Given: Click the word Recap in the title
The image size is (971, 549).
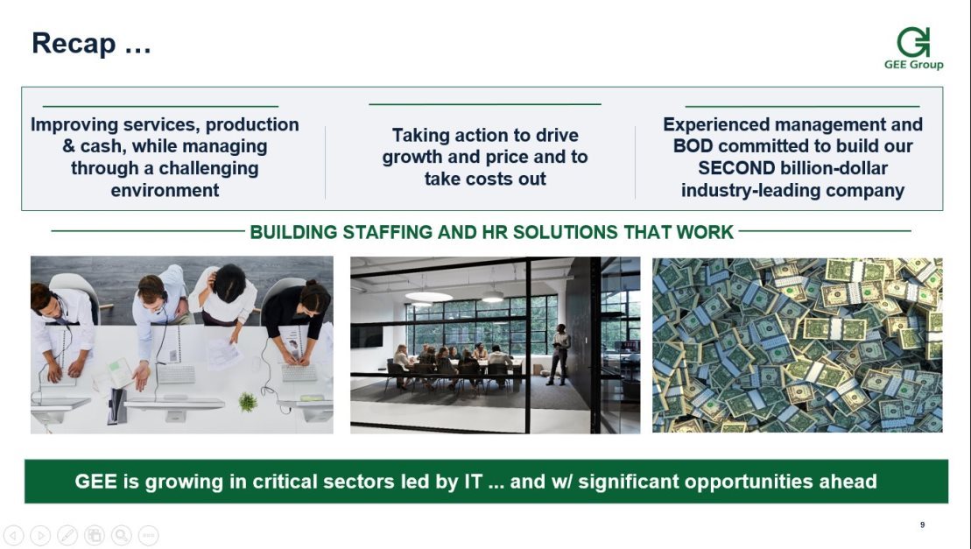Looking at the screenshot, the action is point(74,44).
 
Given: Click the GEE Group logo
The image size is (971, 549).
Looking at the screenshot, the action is point(913,48).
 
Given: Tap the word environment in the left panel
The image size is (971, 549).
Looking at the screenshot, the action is point(165,190).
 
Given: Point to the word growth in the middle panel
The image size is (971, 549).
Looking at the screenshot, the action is point(412,158).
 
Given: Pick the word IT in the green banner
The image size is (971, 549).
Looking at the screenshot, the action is point(473,482).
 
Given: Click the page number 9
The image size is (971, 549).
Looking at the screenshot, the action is point(922,524).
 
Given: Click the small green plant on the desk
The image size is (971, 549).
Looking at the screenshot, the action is point(248,402).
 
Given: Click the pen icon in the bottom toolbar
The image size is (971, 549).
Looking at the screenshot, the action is point(67,535).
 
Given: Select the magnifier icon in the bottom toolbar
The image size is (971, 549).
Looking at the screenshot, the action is point(122,535).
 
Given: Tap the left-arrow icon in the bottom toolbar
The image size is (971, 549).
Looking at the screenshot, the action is point(14,535).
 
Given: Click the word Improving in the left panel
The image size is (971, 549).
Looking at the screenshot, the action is point(74,125).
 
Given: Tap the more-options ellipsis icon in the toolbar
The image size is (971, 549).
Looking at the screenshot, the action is point(149,535).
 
